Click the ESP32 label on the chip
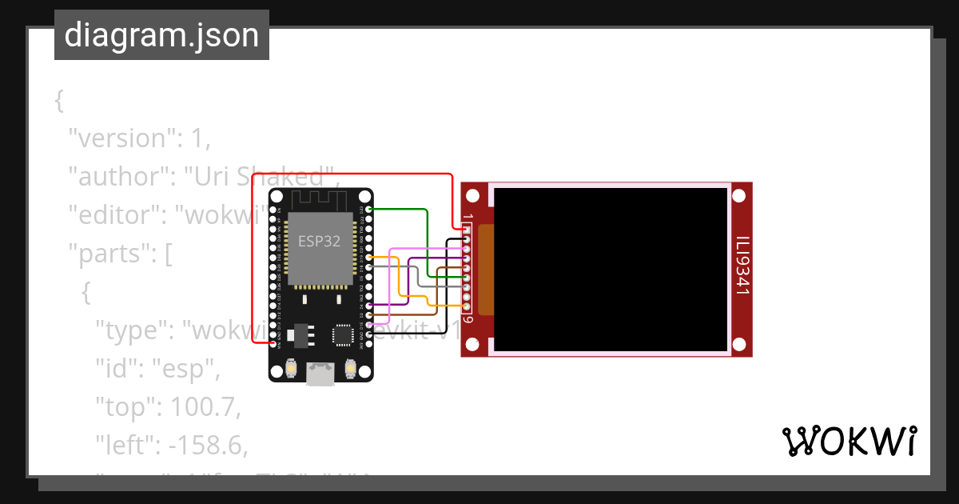tap(319, 242)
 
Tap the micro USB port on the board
tap(320, 374)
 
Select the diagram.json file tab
tap(161, 35)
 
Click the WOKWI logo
tap(849, 441)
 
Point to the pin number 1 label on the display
tap(468, 217)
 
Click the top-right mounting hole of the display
tap(739, 196)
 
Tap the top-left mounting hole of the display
tap(473, 196)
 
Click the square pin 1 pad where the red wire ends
tap(467, 230)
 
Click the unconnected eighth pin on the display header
tap(467, 298)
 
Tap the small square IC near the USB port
tap(344, 334)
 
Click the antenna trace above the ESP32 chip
tap(320, 200)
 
